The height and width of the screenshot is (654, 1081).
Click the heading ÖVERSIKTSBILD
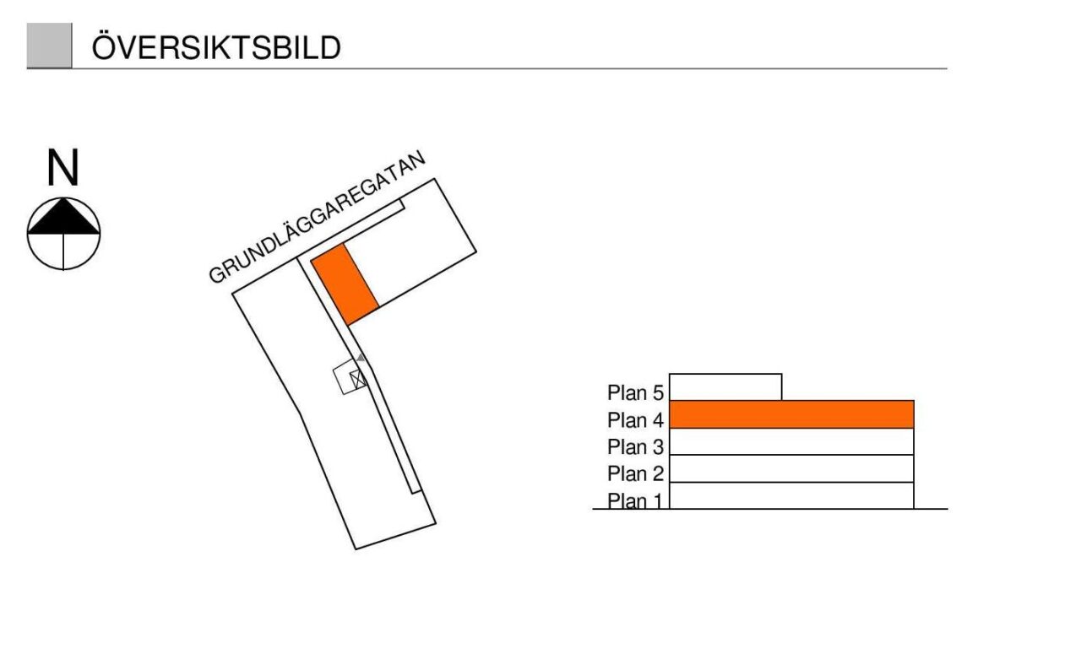coord(216,48)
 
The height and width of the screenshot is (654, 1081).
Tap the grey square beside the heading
coord(49,46)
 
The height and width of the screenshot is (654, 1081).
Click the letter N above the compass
coord(63,168)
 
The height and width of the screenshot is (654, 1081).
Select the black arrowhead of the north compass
coord(64,218)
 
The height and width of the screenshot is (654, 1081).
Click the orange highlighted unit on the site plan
coord(344,284)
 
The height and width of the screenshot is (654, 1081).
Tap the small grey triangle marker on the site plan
coord(361,358)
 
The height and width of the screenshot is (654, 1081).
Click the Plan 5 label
coord(636,392)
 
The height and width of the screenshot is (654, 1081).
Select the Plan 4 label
coord(636,419)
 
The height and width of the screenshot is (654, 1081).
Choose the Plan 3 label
coord(636,446)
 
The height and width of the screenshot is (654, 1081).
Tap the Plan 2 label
coord(636,473)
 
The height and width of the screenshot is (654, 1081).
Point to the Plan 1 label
coord(636,500)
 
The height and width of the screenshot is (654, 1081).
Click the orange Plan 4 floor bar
coord(791,414)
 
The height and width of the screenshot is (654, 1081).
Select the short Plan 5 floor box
coord(725,387)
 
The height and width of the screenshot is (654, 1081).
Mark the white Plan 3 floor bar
coord(791,441)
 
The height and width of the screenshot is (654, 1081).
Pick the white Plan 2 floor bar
coord(791,468)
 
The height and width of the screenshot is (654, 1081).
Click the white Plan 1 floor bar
coord(791,495)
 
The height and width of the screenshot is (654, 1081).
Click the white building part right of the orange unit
coord(414,253)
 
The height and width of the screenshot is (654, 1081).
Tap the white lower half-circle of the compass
coord(64,251)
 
